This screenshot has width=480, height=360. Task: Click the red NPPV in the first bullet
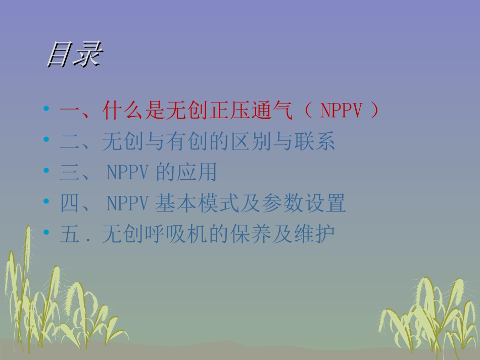pos(342,111)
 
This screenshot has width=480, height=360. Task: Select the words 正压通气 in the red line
pos(229,111)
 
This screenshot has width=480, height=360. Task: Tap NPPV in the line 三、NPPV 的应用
pos(127,173)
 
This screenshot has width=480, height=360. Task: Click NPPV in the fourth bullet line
pos(127,204)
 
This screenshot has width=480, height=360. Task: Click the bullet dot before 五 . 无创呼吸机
pos(47,232)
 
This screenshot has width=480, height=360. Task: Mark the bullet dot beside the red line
pos(47,109)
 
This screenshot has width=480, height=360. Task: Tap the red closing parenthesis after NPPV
pos(374,111)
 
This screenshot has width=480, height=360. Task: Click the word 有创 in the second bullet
pos(198,142)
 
